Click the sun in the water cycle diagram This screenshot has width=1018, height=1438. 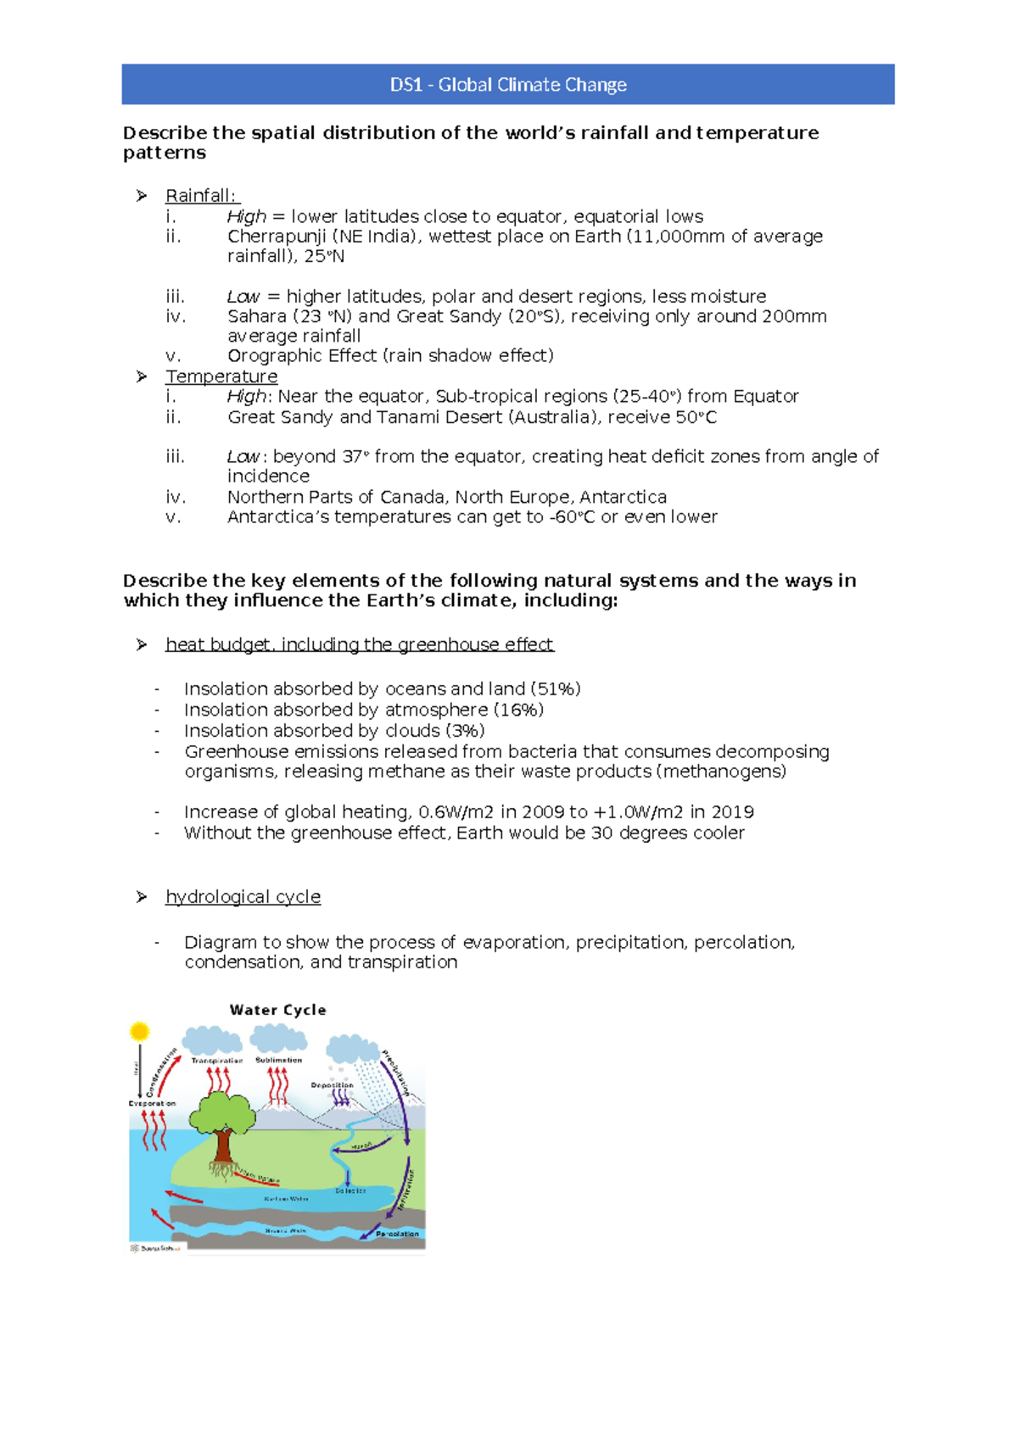(x=139, y=1032)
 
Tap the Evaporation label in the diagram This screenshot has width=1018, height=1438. (x=152, y=1104)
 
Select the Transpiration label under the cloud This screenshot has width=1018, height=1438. (x=217, y=1061)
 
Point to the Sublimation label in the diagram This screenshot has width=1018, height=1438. (x=278, y=1060)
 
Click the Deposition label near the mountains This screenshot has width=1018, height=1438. (x=332, y=1085)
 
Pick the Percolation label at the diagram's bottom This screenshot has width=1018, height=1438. (x=397, y=1234)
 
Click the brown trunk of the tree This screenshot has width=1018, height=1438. (x=223, y=1145)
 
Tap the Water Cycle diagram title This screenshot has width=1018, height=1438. (x=277, y=1010)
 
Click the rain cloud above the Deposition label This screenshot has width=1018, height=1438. (x=352, y=1049)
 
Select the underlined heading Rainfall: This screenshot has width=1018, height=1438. (x=201, y=196)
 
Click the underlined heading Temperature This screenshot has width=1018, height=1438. (x=221, y=376)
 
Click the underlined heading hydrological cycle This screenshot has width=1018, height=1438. (x=243, y=897)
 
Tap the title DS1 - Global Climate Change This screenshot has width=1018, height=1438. (x=508, y=85)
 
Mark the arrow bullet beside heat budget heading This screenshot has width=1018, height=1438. (x=142, y=645)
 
